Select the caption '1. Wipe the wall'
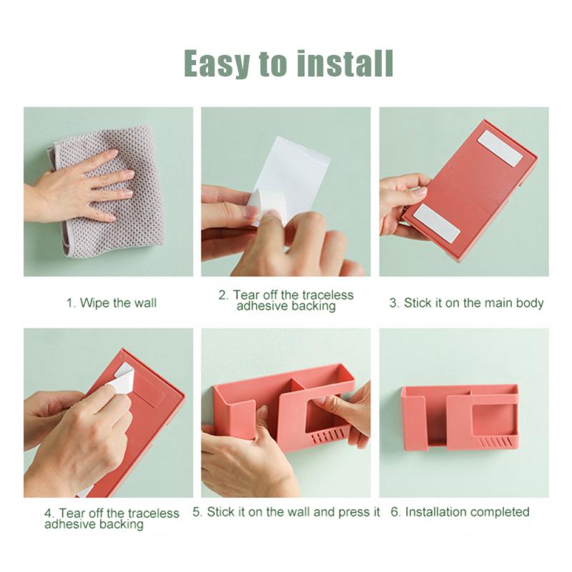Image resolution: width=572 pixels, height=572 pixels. pyautogui.click(x=112, y=302)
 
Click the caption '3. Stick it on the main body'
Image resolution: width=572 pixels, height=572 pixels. pyautogui.click(x=466, y=302)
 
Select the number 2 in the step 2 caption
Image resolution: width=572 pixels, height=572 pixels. pyautogui.click(x=222, y=295)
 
